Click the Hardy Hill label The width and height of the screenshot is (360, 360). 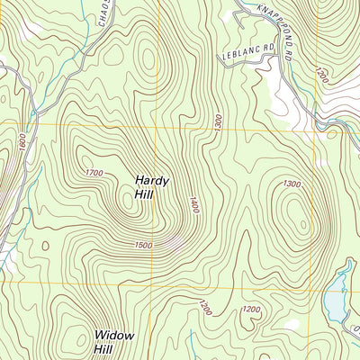(151, 186)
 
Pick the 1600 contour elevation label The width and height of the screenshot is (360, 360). (21, 142)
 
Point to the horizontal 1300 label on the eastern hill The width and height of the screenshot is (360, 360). (292, 184)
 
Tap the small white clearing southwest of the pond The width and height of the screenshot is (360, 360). (291, 323)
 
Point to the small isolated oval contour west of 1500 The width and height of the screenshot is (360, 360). (43, 245)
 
